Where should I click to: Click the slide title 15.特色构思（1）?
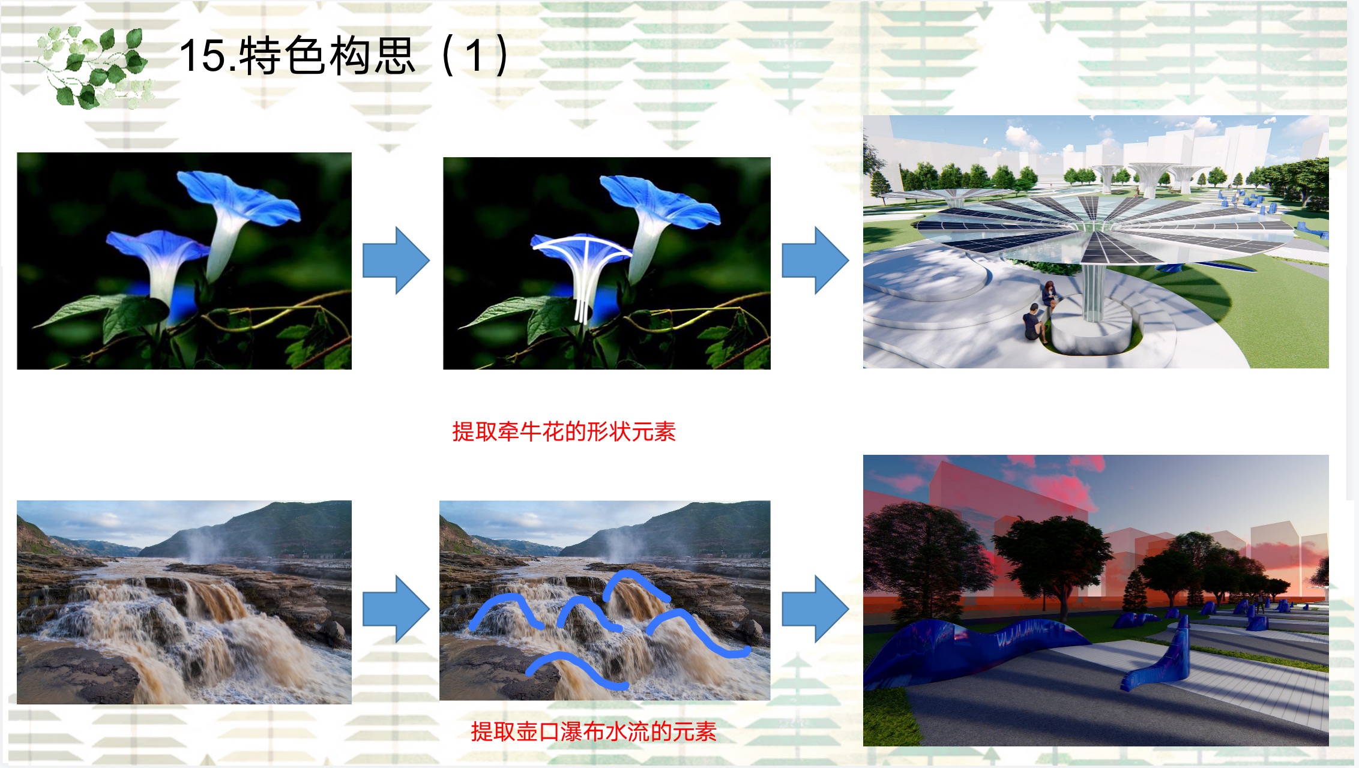point(344,55)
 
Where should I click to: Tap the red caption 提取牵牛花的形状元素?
point(564,431)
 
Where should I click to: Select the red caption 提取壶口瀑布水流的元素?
point(594,731)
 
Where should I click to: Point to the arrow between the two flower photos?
point(396,260)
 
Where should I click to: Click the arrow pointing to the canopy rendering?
point(815,260)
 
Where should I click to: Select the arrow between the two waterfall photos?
point(396,608)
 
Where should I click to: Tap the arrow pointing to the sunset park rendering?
point(815,608)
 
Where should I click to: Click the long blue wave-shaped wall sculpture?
point(972,648)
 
